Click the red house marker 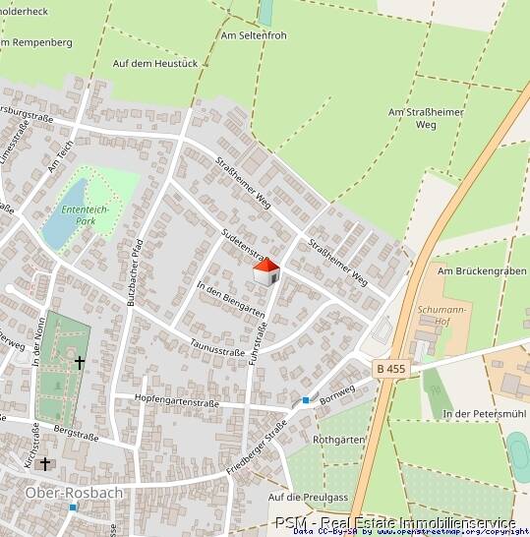[265, 272]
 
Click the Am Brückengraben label [476, 270]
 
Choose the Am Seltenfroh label [254, 36]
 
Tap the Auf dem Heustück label [155, 63]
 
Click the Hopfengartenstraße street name [178, 401]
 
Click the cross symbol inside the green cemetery [80, 363]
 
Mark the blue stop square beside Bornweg [306, 400]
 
